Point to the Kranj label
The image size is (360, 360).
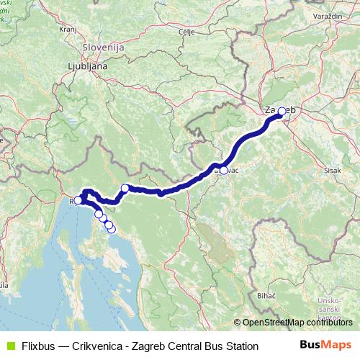[68, 30]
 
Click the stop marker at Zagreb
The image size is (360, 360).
[282, 111]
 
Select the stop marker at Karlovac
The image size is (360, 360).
[224, 171]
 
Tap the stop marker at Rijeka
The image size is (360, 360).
[78, 201]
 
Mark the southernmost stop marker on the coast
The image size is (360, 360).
[111, 229]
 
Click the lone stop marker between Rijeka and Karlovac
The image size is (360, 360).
[125, 189]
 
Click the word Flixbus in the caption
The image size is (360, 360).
[37, 346]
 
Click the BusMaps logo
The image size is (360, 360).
[325, 346]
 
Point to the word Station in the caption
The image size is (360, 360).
[240, 346]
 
